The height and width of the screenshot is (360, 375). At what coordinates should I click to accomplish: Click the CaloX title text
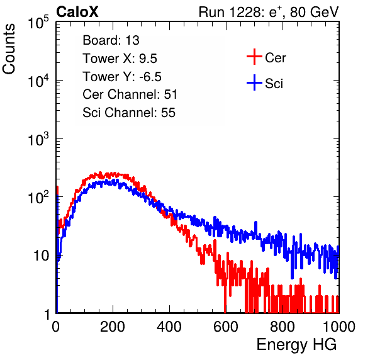coord(77,12)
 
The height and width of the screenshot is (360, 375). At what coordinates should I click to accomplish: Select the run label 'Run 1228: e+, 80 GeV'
coord(269,12)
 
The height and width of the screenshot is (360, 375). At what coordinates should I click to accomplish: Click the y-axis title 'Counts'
coord(9,49)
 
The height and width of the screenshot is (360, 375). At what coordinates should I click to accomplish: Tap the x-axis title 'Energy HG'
coord(296,345)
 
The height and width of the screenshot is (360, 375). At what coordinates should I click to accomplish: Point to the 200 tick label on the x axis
coord(113,327)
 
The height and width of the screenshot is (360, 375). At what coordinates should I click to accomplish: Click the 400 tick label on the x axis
coord(169,327)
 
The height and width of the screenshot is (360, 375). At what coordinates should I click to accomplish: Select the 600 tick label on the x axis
coord(226,327)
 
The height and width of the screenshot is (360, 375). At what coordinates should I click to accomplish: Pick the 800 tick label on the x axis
coord(283,327)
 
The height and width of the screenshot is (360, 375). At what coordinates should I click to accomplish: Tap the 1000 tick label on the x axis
coord(339,327)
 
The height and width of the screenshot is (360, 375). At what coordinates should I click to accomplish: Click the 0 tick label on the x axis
coord(55,327)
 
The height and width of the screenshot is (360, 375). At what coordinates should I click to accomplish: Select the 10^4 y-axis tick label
coord(38,81)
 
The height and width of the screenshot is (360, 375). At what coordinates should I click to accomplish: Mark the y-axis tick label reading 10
coord(42,256)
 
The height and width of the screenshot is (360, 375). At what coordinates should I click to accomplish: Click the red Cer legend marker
coord(254,57)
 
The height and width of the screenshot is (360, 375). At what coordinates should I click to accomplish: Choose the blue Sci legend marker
coord(254,82)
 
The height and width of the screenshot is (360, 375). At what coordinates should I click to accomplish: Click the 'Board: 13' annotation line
coord(111,40)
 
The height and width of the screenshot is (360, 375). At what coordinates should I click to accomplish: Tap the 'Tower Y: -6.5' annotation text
coord(122,77)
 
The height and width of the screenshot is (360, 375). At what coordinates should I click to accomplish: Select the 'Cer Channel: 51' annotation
coord(130,94)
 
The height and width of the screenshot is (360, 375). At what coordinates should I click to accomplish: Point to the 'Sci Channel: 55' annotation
coord(129,113)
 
